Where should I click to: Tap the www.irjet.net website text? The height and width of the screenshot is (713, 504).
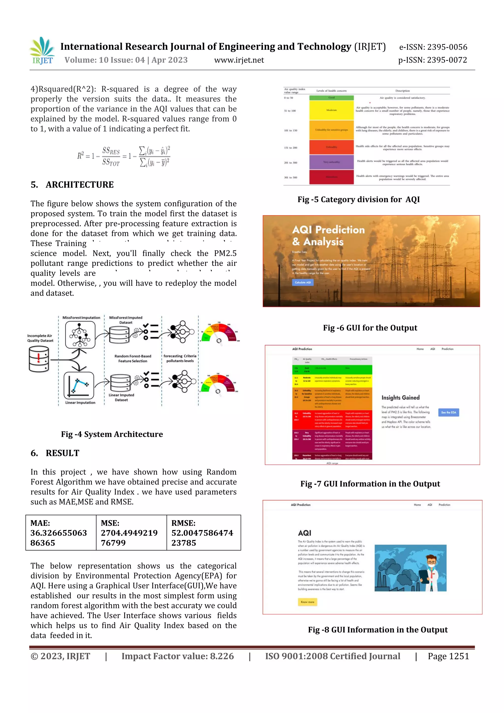click(x=239, y=60)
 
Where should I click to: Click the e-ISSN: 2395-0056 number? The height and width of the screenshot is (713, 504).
click(x=433, y=47)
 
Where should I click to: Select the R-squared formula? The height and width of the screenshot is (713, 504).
click(x=124, y=156)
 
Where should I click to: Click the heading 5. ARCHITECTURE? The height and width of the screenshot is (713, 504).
click(x=72, y=185)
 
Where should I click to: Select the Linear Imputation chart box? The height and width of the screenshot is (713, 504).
click(x=79, y=385)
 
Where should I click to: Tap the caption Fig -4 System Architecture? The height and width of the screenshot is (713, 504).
click(x=112, y=434)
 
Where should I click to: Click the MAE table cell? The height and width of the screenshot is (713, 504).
click(x=61, y=533)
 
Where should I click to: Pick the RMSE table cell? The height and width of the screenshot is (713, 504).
click(x=203, y=533)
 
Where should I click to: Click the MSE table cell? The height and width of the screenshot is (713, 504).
click(x=131, y=533)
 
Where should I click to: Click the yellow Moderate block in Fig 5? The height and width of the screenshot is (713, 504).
click(x=331, y=110)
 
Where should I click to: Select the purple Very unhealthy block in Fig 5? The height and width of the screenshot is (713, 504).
click(x=331, y=162)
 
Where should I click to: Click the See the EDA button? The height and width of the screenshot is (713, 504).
click(x=448, y=412)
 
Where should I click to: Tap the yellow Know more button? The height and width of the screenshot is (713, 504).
click(x=307, y=602)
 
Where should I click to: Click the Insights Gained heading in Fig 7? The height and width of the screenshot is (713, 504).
click(x=400, y=398)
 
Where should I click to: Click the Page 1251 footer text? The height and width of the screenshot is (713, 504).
click(x=448, y=656)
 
